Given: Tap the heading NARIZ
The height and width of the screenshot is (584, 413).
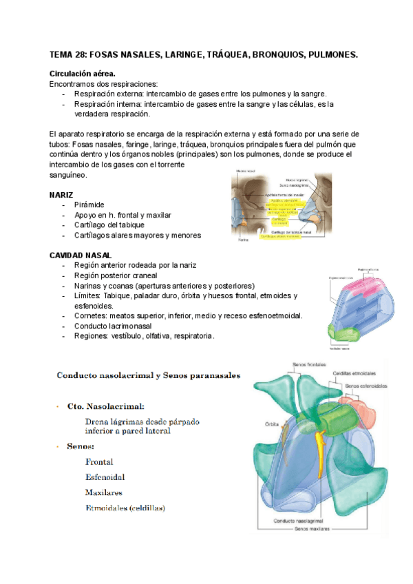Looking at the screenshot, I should click(61, 196).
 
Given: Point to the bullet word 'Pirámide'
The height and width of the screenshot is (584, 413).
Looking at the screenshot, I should click(89, 205).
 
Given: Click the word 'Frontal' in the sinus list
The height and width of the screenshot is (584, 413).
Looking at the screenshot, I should click(99, 462).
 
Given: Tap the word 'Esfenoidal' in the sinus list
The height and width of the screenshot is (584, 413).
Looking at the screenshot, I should click(105, 477).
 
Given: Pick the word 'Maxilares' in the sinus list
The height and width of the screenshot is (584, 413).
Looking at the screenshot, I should click(103, 493).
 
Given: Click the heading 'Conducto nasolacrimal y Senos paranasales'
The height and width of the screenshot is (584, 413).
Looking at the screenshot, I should click(148, 376).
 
